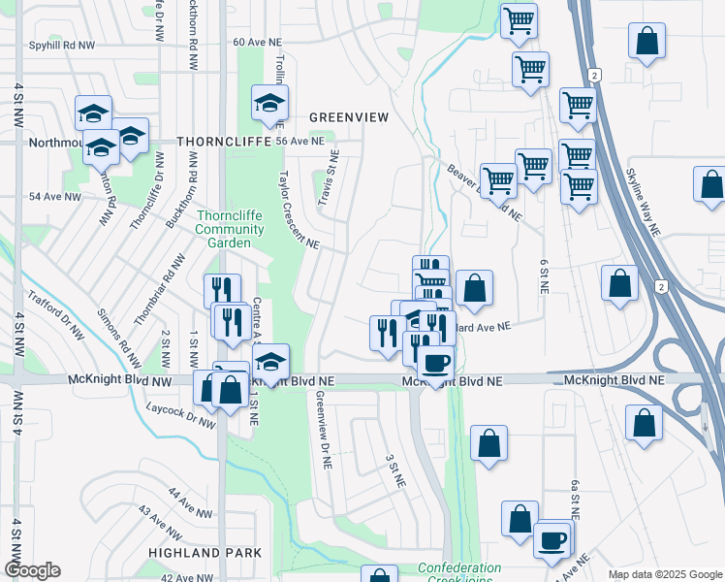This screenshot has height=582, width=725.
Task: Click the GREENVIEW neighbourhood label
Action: [x=348, y=117]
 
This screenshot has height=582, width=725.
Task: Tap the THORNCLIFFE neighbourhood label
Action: [x=222, y=141]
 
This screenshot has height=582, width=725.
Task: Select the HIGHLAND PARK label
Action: [x=205, y=552]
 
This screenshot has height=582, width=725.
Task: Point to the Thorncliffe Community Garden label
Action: [x=229, y=229]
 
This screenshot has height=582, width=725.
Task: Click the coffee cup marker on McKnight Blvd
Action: [x=434, y=363]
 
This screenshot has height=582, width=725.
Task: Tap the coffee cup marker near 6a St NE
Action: [x=552, y=539]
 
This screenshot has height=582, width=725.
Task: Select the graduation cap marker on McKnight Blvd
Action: [x=270, y=361]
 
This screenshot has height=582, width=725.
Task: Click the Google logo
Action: [x=32, y=570]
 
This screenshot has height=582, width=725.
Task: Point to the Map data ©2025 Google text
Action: [x=665, y=574]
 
